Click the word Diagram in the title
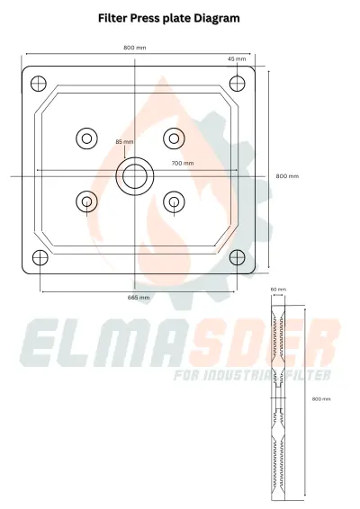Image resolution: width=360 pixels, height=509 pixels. coord(218,17)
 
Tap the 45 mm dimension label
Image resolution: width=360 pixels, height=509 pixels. coord(237,58)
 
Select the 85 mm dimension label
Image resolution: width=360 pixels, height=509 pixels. coord(124,142)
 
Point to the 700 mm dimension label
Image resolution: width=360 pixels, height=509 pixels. coord(183,163)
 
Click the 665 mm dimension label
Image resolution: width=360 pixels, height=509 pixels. coord(139,296)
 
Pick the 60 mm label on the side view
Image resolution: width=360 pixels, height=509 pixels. coord(279,290)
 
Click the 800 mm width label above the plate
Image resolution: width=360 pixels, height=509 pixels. coord(135,47)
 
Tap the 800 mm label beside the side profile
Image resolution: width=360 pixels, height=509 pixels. coord(320,397)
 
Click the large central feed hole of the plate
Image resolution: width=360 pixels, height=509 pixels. coord(136,175)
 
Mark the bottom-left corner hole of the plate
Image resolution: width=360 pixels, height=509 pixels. coord(39,258)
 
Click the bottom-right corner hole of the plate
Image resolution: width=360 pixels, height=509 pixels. coord(237,258)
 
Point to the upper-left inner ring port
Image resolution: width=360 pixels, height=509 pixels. coord(86,138)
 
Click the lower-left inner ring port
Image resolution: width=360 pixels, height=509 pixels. coord(86,201)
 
